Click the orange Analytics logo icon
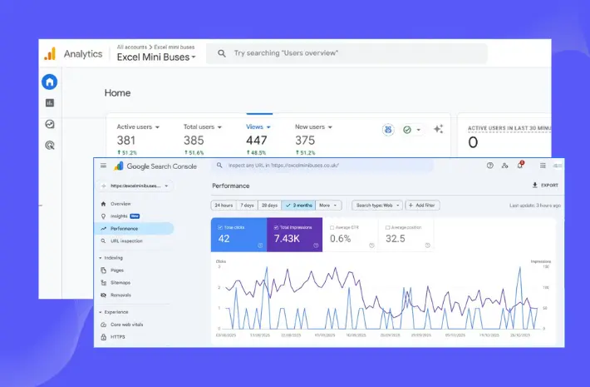[x=50, y=53]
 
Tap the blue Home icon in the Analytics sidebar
[x=50, y=82]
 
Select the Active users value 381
[x=126, y=140]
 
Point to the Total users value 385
[x=194, y=140]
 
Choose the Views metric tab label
[x=254, y=127]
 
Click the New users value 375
[x=305, y=140]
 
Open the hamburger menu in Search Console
[x=103, y=166]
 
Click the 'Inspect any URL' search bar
[x=324, y=166]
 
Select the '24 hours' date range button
[x=224, y=205]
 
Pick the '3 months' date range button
[x=298, y=205]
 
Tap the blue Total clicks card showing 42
[x=239, y=235]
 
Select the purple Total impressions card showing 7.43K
[x=294, y=235]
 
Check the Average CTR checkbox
[x=332, y=226]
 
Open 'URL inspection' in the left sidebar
[x=126, y=241]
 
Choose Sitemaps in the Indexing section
[x=120, y=282]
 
